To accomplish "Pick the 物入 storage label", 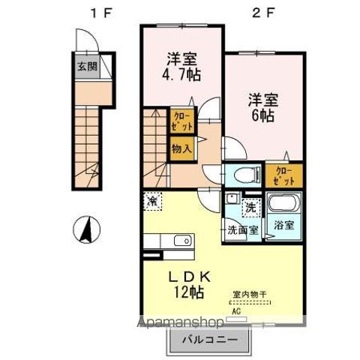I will pyautogui.click(x=181, y=148).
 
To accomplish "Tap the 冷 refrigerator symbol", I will pyautogui.click(x=152, y=201).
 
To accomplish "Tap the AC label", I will pyautogui.click(x=236, y=311).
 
